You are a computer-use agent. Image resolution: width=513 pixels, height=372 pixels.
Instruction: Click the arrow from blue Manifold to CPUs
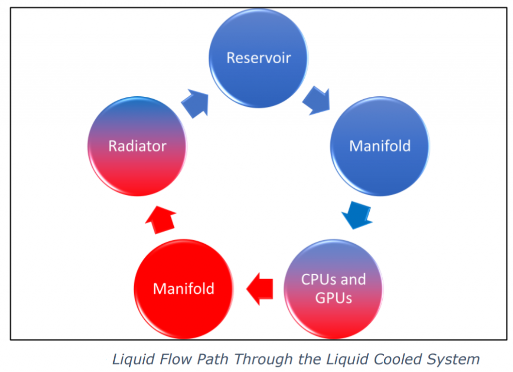[357, 214]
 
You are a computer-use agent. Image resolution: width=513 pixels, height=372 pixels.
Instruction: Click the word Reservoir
[259, 58]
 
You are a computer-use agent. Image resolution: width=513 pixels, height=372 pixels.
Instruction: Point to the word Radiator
[137, 146]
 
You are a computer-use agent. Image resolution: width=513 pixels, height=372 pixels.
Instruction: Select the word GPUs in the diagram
[333, 298]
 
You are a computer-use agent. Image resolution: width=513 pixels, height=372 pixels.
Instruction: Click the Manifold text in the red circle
[183, 289]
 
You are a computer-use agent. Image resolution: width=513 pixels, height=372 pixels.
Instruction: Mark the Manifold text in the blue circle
[380, 146]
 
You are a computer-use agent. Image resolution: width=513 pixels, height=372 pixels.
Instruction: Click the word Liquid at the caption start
[129, 359]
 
